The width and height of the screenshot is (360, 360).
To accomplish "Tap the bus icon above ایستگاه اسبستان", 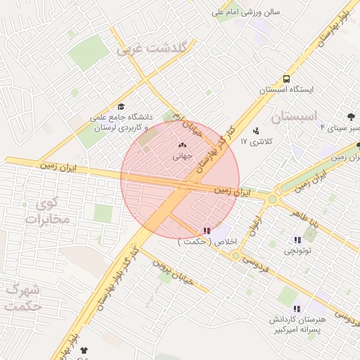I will click(286, 79).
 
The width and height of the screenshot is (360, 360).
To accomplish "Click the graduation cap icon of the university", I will click(122, 106).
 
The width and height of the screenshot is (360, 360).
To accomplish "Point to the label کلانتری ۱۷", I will click(260, 142).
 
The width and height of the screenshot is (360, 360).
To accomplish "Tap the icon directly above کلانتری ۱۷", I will click(255, 131).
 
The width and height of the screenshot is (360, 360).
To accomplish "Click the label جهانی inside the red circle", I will click(182, 157).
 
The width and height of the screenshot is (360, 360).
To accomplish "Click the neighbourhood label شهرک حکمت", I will click(21, 297).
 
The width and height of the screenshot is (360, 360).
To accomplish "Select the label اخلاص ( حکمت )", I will click(208, 241).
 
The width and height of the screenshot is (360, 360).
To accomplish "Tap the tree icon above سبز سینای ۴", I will click(351, 117).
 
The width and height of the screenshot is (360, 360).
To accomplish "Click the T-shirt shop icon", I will click(85, 349).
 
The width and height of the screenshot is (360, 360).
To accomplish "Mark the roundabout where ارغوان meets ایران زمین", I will click(271, 199).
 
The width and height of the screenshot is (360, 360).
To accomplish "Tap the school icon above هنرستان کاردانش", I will click(297, 309).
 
